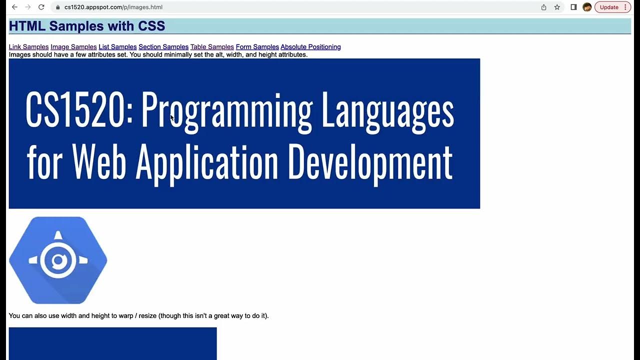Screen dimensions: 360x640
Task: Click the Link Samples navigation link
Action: [28, 47]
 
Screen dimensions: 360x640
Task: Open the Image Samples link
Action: [73, 47]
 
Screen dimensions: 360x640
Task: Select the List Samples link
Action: [117, 47]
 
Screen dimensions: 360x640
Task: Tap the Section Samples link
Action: [163, 47]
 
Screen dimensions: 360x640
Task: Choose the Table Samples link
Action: [212, 47]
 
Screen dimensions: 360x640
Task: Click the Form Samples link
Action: [257, 47]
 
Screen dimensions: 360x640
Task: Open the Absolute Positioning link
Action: [310, 47]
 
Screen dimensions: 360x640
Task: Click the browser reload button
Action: [41, 7]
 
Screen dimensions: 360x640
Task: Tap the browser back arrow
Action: [14, 7]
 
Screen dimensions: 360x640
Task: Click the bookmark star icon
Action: [557, 7]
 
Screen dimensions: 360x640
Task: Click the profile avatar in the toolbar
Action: [587, 7]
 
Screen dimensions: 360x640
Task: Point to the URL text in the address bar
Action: [113, 7]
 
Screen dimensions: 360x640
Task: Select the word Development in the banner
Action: [370, 162]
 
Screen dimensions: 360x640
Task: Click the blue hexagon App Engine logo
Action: [58, 260]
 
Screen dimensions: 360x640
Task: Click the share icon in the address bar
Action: [543, 7]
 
